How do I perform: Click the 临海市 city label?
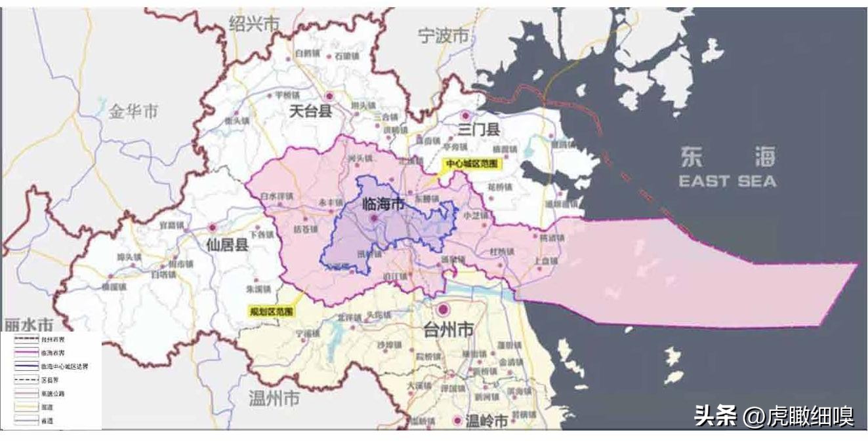tap(384, 204)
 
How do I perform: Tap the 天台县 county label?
tap(310, 111)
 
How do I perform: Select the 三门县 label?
tap(479, 129)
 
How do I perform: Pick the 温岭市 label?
tap(486, 422)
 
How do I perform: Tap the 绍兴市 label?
tap(254, 24)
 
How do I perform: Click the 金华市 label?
tap(133, 111)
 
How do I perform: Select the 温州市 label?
tap(274, 398)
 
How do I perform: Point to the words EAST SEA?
tap(727, 181)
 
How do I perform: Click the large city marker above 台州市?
tap(444, 309)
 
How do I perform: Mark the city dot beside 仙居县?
tap(213, 228)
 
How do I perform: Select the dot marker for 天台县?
tap(329, 96)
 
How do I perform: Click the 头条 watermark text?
tap(716, 416)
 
